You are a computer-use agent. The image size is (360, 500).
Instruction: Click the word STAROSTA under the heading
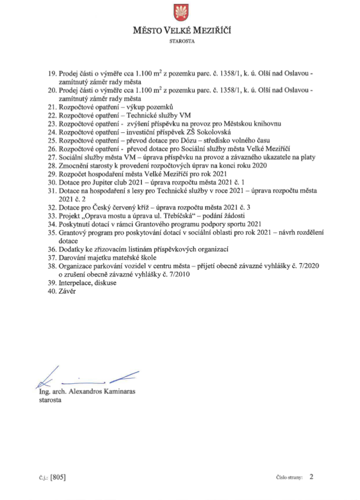180,41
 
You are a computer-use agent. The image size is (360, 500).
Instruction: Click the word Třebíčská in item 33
172,216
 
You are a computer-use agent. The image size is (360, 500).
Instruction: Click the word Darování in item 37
74,258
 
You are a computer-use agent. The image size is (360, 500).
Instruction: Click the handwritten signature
83,379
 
